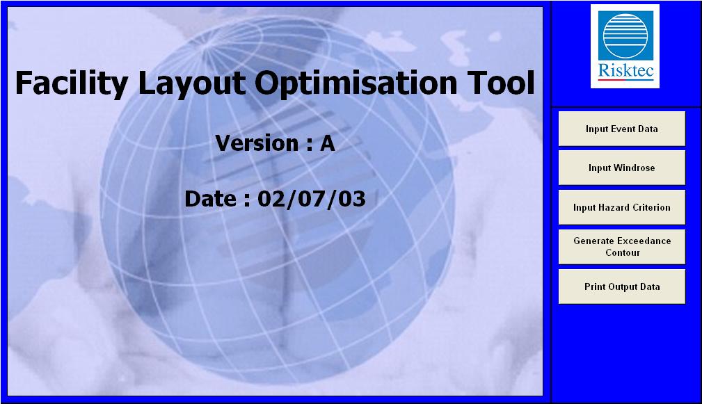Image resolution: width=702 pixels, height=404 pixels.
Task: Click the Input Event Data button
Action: (x=622, y=129)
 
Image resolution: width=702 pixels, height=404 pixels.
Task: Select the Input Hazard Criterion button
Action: (x=622, y=207)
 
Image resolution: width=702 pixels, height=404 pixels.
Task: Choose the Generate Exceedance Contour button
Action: (x=622, y=247)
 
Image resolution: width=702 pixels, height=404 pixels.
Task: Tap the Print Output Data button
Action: (x=622, y=286)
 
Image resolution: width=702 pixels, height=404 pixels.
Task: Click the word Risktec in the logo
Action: (x=625, y=71)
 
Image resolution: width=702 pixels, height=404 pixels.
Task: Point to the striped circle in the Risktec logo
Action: (x=625, y=35)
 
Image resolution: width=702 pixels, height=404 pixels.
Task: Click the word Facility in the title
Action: (x=72, y=83)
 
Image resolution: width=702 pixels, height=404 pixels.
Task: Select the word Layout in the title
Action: (x=192, y=83)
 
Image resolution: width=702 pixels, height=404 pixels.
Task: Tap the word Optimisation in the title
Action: (x=356, y=83)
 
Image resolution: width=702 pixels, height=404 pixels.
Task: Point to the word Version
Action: (x=257, y=143)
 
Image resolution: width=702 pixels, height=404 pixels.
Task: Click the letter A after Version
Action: (x=328, y=143)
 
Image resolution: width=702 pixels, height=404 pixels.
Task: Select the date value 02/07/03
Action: (x=312, y=199)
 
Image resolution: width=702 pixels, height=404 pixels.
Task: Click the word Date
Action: (x=210, y=199)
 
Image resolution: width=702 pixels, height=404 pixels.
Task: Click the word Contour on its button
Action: (x=623, y=253)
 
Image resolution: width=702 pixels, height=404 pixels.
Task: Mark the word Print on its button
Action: (x=595, y=286)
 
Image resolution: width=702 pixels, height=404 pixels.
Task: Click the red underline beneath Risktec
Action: (x=625, y=80)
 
